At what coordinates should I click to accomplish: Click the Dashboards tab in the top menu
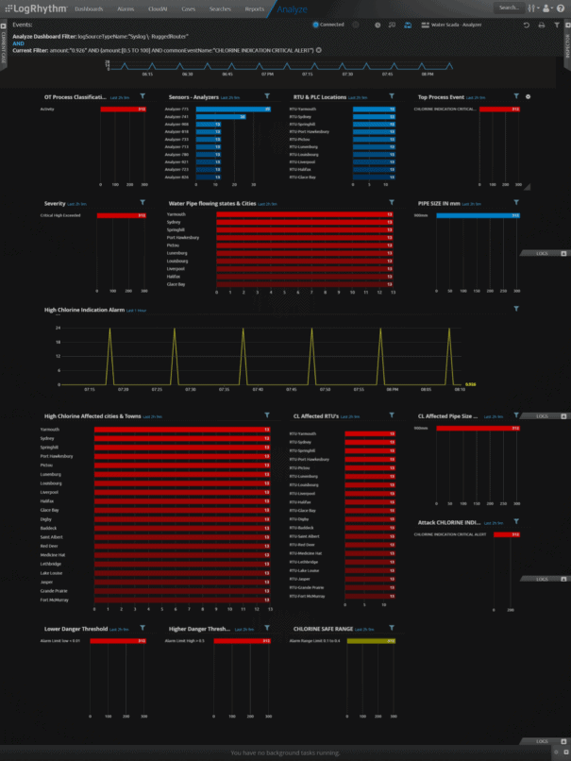tap(90, 8)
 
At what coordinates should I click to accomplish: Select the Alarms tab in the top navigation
tap(126, 8)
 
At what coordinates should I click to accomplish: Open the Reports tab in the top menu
tap(255, 8)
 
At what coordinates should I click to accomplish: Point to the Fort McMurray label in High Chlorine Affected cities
tap(53, 600)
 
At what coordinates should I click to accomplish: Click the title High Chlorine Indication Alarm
tap(84, 309)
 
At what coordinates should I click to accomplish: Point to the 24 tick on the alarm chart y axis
tap(59, 328)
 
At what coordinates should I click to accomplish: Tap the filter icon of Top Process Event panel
tap(516, 96)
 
